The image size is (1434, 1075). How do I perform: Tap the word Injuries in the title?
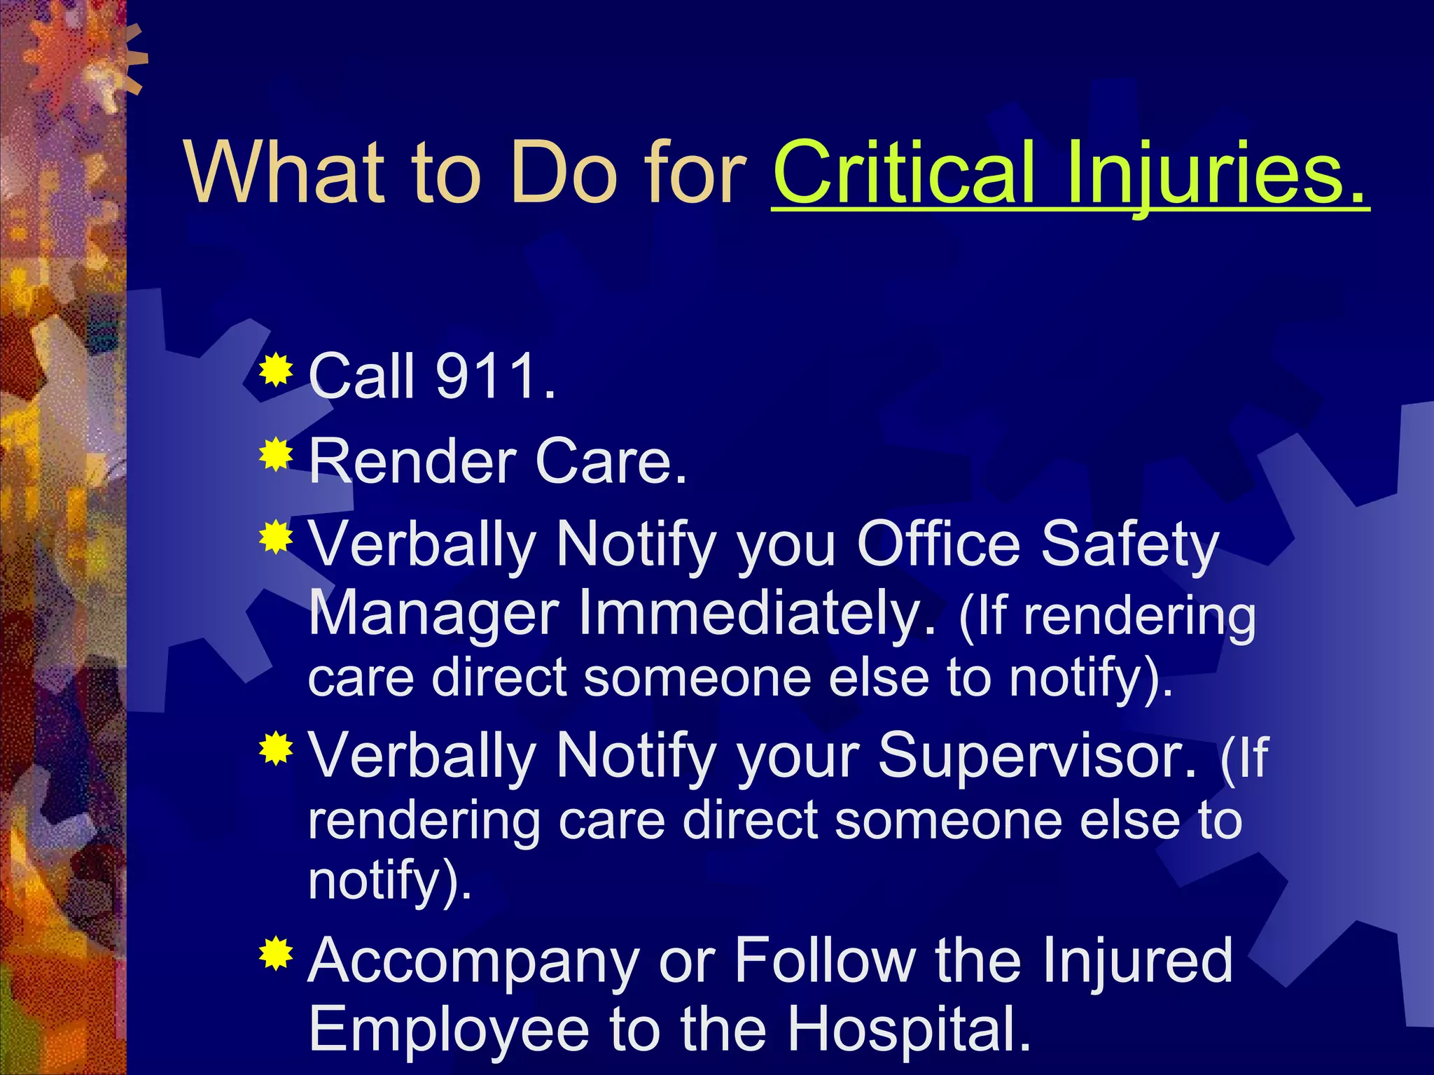[x=1216, y=173]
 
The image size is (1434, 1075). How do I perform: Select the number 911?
[x=486, y=377]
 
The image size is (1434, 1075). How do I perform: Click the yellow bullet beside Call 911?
[x=277, y=370]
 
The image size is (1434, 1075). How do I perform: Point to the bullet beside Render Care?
[x=277, y=455]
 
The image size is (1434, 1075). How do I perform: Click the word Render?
[x=412, y=462]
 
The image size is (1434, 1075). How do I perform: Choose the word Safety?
[x=1129, y=546]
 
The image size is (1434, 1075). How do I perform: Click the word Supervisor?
[x=1037, y=755]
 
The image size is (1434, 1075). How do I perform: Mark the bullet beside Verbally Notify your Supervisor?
[x=277, y=749]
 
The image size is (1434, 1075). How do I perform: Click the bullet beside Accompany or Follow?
[x=277, y=953]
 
